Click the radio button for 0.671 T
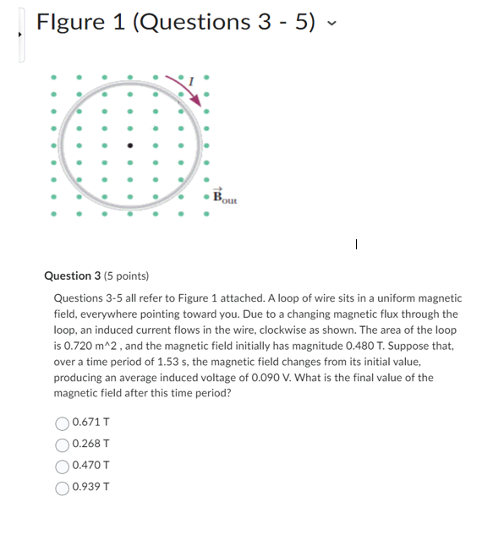[63, 422]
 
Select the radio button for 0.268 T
[63, 444]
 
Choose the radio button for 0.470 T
[63, 465]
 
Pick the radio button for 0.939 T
[63, 487]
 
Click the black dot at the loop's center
[129, 145]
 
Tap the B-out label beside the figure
[225, 198]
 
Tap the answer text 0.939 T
[91, 487]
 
